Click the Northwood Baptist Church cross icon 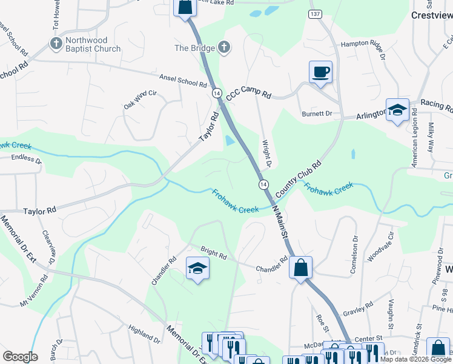56,44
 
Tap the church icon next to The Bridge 224,47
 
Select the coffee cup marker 320,72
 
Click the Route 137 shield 314,14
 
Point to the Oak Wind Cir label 141,99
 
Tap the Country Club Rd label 297,178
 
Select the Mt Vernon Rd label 33,292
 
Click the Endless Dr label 24,161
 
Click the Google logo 20,357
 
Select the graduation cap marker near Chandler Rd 197,268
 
